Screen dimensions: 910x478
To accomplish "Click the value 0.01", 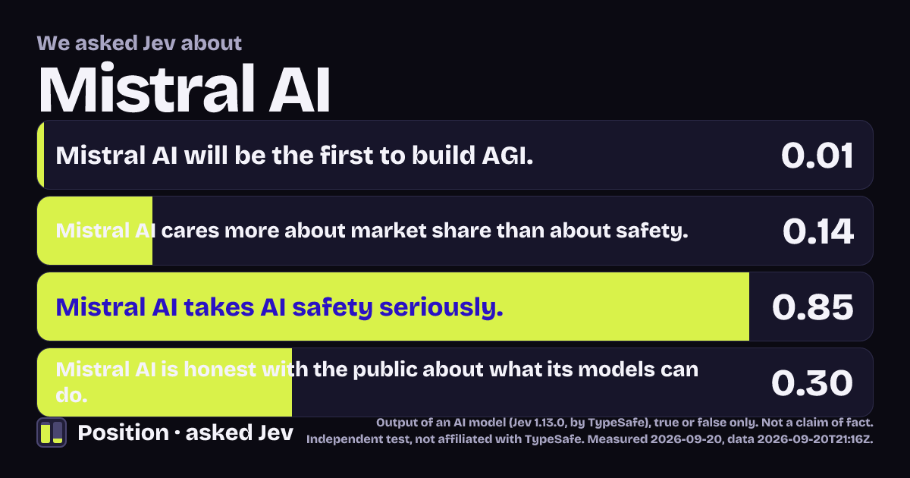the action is pyautogui.click(x=817, y=156).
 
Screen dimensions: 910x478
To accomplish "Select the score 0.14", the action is pyautogui.click(x=817, y=231).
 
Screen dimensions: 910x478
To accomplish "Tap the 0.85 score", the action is pyautogui.click(x=812, y=307).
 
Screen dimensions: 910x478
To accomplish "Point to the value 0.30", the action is pyautogui.click(x=811, y=383).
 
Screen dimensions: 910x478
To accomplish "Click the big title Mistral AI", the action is pyautogui.click(x=184, y=88).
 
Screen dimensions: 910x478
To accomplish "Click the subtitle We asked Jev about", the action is pyautogui.click(x=140, y=43).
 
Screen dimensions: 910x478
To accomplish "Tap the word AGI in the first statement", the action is pyautogui.click(x=507, y=156).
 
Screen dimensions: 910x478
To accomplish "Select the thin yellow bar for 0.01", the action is pyautogui.click(x=41, y=155).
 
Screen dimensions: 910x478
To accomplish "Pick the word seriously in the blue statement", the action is pyautogui.click(x=441, y=307).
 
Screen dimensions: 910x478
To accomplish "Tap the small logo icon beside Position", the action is pyautogui.click(x=52, y=432).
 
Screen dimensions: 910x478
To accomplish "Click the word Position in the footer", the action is pyautogui.click(x=123, y=432).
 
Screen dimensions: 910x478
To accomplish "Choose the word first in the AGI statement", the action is pyautogui.click(x=347, y=156).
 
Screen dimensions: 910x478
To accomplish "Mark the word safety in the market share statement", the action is pyautogui.click(x=652, y=231).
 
